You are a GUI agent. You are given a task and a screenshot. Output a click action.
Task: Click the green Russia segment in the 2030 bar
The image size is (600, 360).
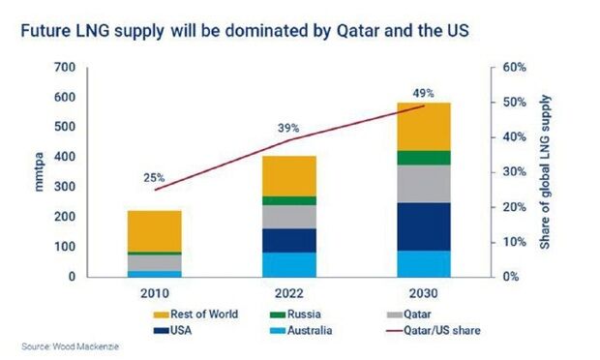(424, 158)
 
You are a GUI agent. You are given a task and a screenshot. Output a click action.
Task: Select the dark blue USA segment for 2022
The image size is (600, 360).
(289, 240)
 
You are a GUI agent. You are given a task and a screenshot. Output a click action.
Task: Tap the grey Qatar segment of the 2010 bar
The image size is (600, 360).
(155, 263)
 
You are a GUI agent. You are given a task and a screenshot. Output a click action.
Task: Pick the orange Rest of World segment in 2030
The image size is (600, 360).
(424, 127)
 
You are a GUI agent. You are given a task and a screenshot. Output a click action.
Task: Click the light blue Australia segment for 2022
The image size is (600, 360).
(289, 265)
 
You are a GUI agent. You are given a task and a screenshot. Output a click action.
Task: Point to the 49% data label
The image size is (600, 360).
(423, 93)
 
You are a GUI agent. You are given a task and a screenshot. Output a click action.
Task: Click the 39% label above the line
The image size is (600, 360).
(288, 128)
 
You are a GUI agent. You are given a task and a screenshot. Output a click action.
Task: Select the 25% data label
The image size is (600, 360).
(154, 178)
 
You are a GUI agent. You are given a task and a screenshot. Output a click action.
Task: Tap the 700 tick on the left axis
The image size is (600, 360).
(65, 68)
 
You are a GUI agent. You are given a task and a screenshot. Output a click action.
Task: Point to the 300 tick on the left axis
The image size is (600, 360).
(65, 187)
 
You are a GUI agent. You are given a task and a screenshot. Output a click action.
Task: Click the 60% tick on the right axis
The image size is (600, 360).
(514, 68)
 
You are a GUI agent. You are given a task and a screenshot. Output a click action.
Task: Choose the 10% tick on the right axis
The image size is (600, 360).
(514, 242)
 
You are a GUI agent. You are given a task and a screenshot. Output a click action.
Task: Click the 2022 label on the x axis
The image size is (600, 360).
(289, 293)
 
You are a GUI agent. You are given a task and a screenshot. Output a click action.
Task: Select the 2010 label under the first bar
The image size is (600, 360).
(155, 293)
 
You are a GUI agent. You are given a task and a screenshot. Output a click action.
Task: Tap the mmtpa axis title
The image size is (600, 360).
(40, 172)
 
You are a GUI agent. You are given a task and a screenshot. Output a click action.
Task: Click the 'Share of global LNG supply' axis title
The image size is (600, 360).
(545, 172)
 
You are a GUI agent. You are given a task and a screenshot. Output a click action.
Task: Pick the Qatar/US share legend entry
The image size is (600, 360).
(434, 331)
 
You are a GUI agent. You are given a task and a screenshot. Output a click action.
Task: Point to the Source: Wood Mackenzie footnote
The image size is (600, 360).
(70, 346)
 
